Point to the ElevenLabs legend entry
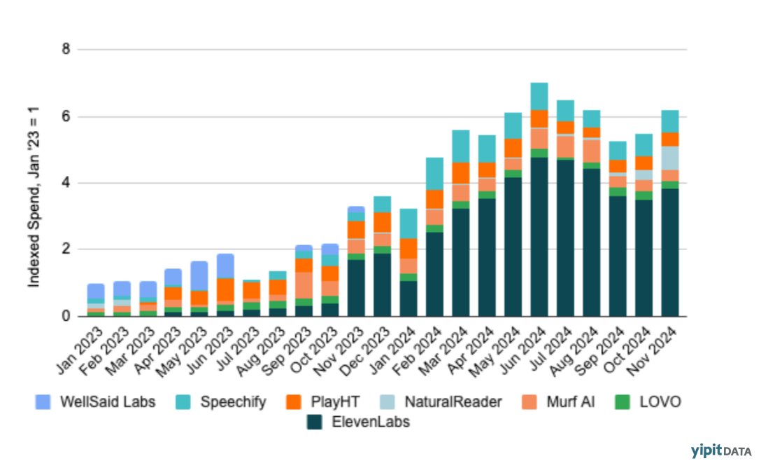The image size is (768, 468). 361,422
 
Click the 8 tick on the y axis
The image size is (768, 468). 66,50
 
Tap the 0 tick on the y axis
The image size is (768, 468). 66,316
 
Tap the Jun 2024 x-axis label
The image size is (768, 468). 526,343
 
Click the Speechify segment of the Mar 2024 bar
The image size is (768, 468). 461,146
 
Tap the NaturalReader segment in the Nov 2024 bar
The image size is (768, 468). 669,158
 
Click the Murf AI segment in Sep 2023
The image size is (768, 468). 304,285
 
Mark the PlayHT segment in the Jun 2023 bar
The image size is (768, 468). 225,289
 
